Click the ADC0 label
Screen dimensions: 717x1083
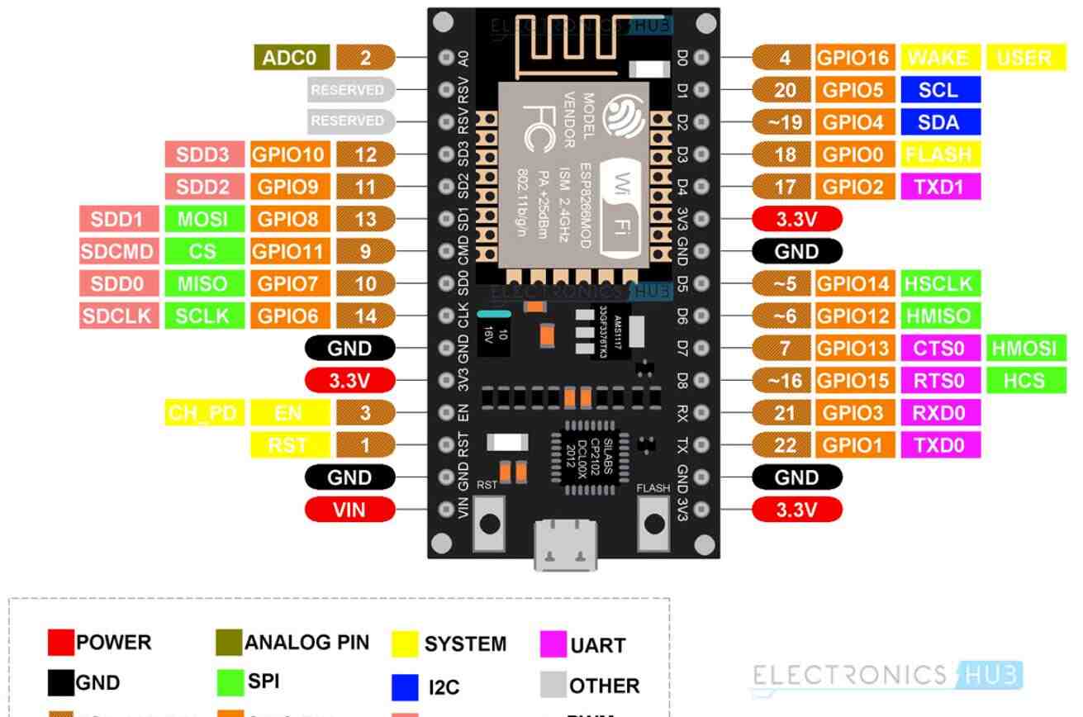292,57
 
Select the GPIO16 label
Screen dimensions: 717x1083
854,57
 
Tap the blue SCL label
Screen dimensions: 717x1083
940,89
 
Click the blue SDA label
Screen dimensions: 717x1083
940,121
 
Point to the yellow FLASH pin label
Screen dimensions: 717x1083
940,154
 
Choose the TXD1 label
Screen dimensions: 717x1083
940,186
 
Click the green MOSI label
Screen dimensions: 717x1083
202,219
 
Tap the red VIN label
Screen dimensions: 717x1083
349,510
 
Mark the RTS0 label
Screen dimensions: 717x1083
940,380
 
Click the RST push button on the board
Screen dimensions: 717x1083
489,522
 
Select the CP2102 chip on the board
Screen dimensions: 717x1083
589,456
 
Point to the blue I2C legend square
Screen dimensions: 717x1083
403,686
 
